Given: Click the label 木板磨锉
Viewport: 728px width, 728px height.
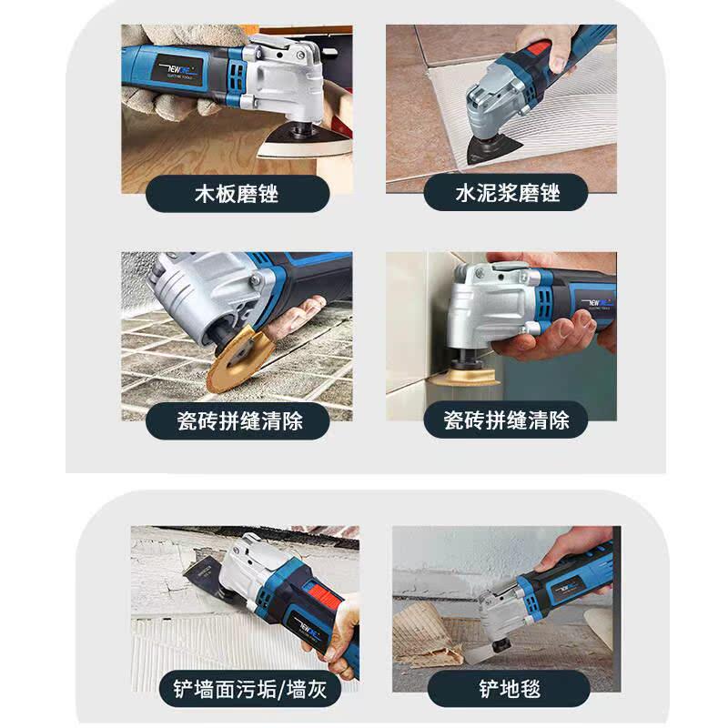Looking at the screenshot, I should [237, 193].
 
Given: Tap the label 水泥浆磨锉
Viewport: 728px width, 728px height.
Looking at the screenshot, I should [507, 193].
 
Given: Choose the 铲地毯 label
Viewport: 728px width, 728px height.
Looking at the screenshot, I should [507, 689].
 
